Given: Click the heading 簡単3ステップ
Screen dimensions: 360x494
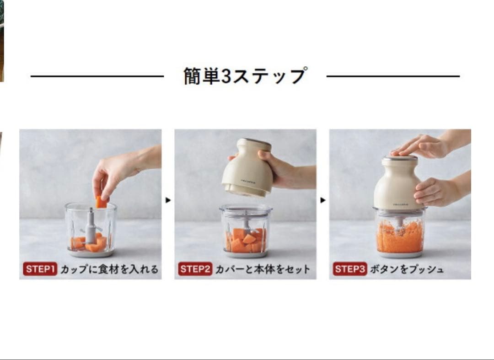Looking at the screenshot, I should (x=245, y=76).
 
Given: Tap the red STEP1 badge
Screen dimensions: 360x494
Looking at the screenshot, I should (x=40, y=269).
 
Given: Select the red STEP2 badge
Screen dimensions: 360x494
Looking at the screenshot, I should (x=195, y=269).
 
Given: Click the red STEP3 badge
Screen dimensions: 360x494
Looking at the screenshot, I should (x=350, y=269).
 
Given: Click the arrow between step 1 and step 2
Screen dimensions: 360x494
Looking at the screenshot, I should (x=168, y=200).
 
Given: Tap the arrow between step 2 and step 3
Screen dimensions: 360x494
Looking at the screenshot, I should (x=323, y=200).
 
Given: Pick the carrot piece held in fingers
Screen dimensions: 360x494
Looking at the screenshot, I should (x=101, y=202).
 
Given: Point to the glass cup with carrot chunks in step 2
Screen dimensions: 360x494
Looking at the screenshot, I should (x=245, y=231).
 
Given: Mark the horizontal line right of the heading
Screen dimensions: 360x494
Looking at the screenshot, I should (x=393, y=76).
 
